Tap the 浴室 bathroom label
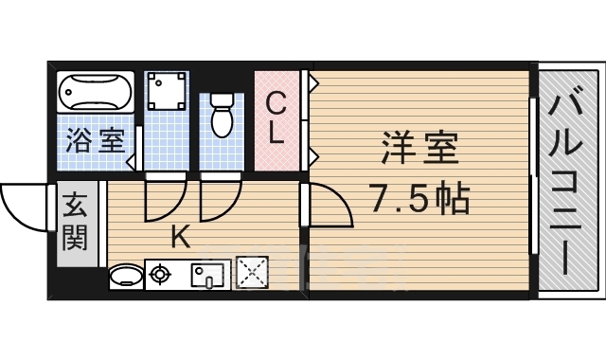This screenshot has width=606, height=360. [94, 142]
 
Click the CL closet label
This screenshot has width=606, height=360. [276, 117]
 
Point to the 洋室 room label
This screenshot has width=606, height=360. [419, 149]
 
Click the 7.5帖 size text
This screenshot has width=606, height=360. [419, 199]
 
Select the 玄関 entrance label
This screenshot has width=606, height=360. [76, 221]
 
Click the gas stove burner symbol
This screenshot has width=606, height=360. [159, 276]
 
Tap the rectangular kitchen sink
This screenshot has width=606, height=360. [208, 276]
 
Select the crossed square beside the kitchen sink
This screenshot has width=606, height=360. [251, 275]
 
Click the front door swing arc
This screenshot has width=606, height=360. [24, 204]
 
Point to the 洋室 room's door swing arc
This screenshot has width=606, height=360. [331, 204]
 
